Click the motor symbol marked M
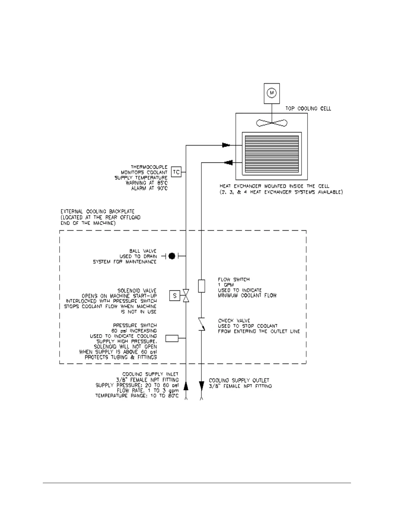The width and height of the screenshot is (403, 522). point(272,93)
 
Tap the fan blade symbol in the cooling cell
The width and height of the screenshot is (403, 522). point(272,123)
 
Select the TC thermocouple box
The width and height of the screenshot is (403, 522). point(176,172)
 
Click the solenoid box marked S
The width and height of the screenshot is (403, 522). point(175,296)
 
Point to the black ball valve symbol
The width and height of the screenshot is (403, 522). point(172,256)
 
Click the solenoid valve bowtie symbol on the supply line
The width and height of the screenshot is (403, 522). point(186,296)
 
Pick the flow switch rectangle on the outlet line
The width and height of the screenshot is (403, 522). point(201,286)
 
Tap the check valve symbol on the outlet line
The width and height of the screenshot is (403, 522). point(201,324)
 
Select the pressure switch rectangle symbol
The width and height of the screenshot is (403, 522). point(172,338)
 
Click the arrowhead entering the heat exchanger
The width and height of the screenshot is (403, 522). point(226,145)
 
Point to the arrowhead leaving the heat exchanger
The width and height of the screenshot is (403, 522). point(228,162)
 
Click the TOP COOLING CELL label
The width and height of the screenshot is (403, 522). point(308,108)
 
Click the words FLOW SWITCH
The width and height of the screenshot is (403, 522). point(233,279)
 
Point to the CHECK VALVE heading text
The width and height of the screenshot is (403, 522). point(234,321)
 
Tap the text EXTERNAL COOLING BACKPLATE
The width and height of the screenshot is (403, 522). point(97,211)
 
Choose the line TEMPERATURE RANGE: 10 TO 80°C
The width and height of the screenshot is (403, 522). point(137,395)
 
